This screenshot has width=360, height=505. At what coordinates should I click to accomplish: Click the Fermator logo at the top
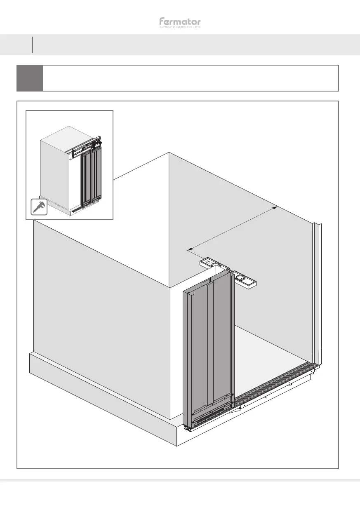[x=180, y=21]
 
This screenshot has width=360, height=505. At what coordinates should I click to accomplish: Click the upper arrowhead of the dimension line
[x=275, y=208]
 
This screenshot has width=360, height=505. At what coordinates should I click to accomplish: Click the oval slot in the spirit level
[x=209, y=262]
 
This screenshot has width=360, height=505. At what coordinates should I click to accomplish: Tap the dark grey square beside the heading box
[x=30, y=78]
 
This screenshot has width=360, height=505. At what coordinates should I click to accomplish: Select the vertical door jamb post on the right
[x=317, y=293]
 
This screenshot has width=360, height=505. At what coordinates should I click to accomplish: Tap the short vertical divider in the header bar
[x=32, y=45]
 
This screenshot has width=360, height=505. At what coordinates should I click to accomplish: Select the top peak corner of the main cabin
[x=169, y=153]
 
